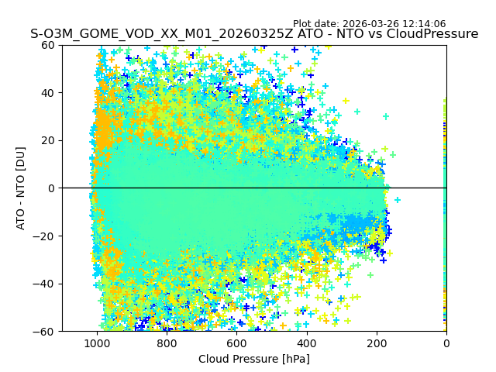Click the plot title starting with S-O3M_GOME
254,34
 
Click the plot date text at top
369,24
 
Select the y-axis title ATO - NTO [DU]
22,188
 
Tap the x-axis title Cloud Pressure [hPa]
254,359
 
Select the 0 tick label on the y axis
51,188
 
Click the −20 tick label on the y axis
45,236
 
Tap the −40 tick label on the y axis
45,284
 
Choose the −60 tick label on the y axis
45,331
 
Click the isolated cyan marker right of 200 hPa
398,200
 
